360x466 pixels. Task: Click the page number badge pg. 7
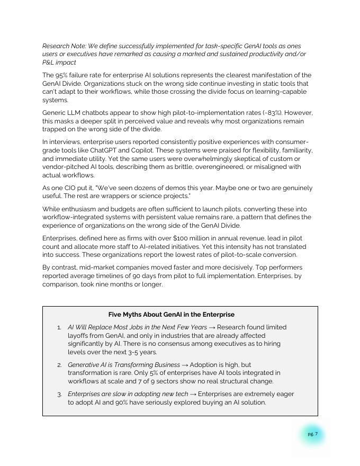(x=312, y=434)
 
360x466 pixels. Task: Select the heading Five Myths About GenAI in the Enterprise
(x=171, y=314)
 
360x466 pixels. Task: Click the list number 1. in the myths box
(x=59, y=327)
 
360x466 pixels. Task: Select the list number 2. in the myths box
(x=59, y=365)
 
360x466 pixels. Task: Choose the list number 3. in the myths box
(x=59, y=394)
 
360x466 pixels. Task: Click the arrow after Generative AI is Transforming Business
(x=185, y=365)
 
